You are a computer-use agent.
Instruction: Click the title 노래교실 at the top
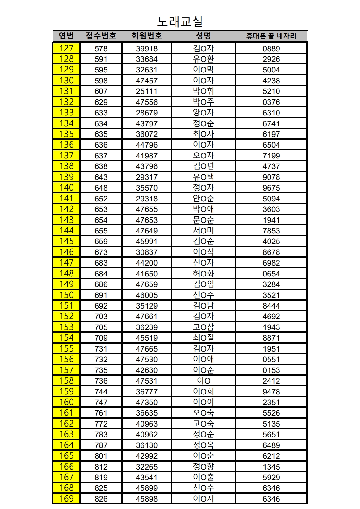[180, 21]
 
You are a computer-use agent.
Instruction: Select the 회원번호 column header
[147, 36]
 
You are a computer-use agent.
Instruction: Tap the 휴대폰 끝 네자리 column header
[271, 36]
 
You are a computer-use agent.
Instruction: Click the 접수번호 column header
[101, 36]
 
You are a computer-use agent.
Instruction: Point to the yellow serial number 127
[66, 48]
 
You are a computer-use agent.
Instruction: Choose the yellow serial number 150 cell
[66, 295]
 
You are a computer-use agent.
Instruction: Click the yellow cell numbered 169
[66, 498]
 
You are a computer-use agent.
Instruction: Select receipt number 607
[101, 91]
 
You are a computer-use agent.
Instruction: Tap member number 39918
[147, 48]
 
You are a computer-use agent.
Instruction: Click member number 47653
[147, 220]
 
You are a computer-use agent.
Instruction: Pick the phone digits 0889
[271, 48]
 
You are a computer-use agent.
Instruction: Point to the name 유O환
[203, 59]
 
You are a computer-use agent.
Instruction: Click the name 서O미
[203, 231]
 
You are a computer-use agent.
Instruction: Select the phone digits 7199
[271, 156]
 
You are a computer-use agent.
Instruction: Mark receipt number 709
[101, 338]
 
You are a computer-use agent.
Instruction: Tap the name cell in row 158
[203, 381]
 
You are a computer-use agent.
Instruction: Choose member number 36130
[147, 445]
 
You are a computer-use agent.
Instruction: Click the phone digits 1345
[271, 467]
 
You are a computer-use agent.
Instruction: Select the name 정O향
[203, 466]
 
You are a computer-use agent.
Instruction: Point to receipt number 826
[101, 499]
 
